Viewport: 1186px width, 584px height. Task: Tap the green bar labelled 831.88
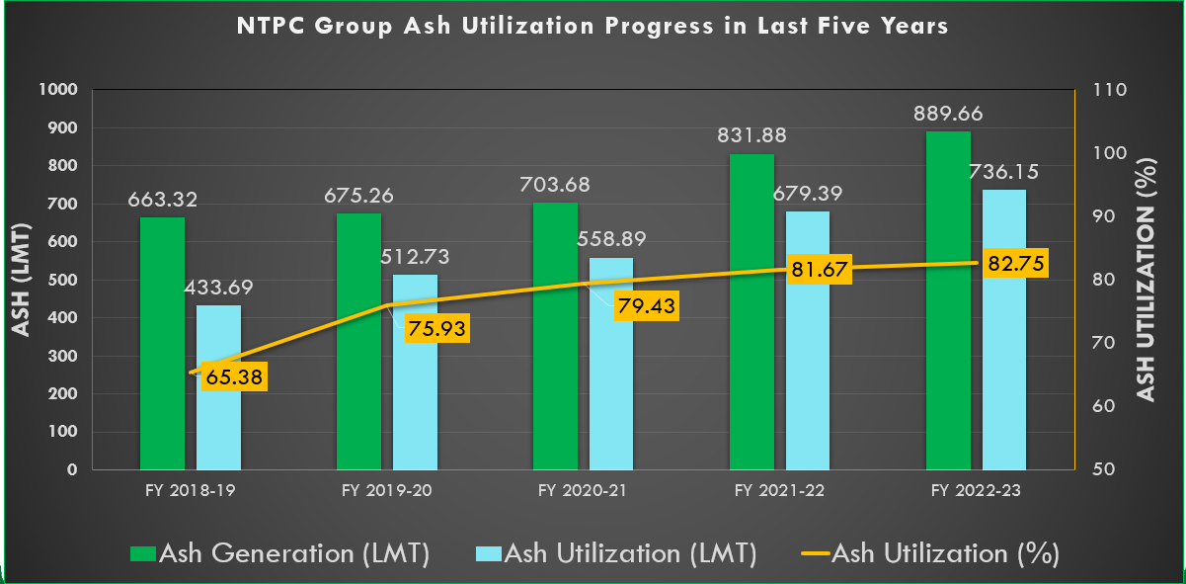point(751,311)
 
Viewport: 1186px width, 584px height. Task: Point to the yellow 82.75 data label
point(1010,264)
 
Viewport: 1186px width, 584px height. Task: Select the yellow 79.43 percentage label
point(645,305)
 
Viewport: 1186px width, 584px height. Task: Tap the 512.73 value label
point(415,256)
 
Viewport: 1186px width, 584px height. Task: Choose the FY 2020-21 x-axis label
point(582,490)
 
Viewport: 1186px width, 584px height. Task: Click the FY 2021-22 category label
point(778,490)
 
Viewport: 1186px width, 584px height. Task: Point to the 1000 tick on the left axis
point(57,90)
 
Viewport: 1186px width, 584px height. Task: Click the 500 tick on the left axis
point(61,281)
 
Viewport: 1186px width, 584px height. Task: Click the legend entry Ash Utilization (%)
point(945,553)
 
